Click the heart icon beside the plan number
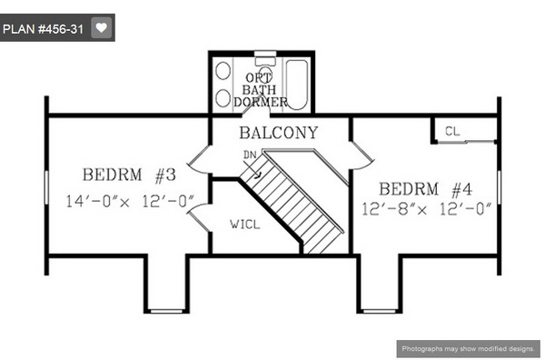101,27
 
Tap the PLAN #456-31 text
43,29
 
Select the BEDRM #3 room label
129,175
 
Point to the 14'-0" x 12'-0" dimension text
130,201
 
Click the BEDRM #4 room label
425,189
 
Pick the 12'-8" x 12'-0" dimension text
427,209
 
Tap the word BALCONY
279,133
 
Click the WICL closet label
244,224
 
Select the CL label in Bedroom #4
452,131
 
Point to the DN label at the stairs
250,155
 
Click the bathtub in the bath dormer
296,85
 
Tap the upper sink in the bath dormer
223,71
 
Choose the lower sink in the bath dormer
223,98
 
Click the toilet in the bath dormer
265,70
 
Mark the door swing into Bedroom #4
363,155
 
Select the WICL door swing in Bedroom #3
199,218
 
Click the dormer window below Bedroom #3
166,311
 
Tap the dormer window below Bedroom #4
379,311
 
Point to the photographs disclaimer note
468,348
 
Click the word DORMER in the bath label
261,102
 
